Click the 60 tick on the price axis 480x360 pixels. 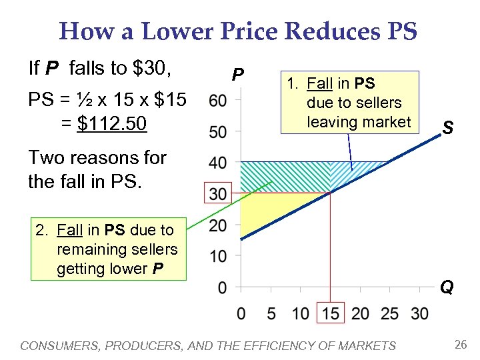coord(217,101)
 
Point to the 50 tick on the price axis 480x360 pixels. coord(217,132)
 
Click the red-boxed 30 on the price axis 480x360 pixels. coord(217,194)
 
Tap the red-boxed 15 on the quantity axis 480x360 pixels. coord(330,313)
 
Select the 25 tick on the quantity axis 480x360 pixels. coord(390,313)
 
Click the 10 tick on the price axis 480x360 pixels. coord(217,256)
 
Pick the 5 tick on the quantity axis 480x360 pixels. coord(270,313)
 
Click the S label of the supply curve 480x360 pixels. coord(447,127)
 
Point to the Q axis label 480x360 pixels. coord(447,287)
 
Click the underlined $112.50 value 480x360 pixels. coord(111,123)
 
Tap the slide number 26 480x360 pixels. coord(459,345)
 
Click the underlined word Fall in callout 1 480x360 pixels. coord(320,84)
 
